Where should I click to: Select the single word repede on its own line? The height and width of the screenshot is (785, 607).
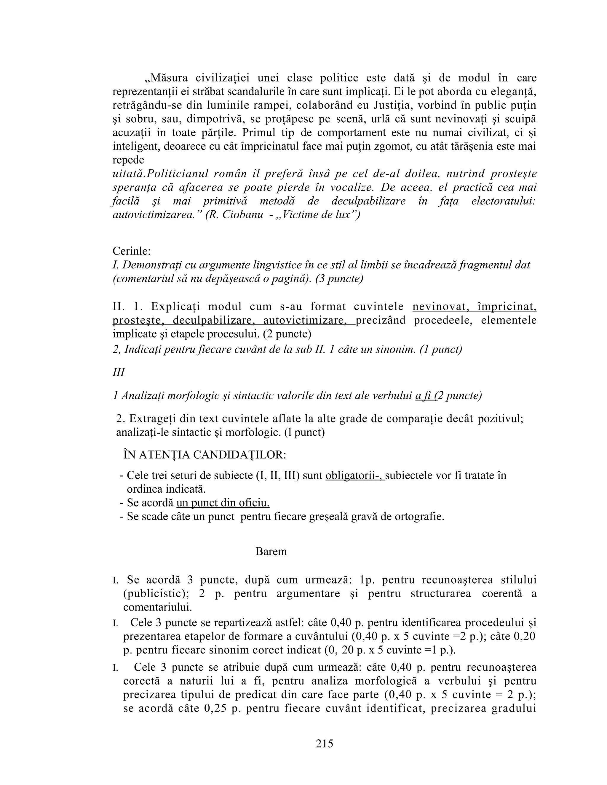pos(128,160)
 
